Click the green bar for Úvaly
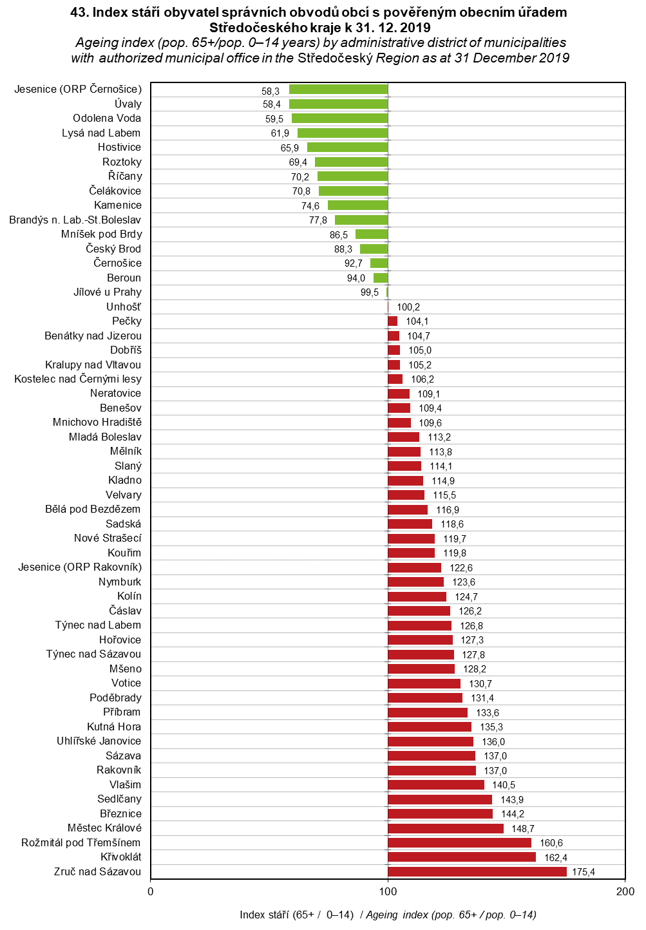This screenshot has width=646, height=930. click(x=338, y=104)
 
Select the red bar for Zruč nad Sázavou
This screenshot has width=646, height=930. click(x=477, y=872)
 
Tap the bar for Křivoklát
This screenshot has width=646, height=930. click(x=461, y=857)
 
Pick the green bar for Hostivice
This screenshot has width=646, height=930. click(x=347, y=147)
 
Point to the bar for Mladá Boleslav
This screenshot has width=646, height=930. click(x=403, y=437)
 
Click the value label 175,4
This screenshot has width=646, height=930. click(x=584, y=872)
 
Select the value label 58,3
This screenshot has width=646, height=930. click(x=271, y=91)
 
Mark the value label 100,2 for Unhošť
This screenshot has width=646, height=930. click(x=408, y=307)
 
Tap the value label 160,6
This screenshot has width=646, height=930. click(x=551, y=843)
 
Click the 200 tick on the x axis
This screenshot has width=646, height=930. click(x=625, y=892)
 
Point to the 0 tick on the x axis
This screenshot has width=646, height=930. click(x=151, y=892)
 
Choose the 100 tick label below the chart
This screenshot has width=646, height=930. click(x=388, y=892)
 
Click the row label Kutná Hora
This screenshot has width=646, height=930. click(x=114, y=727)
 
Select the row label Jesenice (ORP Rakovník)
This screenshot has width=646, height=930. click(x=80, y=567)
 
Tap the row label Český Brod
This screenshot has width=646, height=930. click(x=113, y=249)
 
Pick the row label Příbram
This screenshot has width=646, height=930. click(x=122, y=712)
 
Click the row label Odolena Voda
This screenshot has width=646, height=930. click(x=107, y=119)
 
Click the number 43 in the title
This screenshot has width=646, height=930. click(x=80, y=12)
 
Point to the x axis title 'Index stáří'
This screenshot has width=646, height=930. click(x=264, y=915)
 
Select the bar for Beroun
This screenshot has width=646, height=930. click(x=381, y=278)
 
